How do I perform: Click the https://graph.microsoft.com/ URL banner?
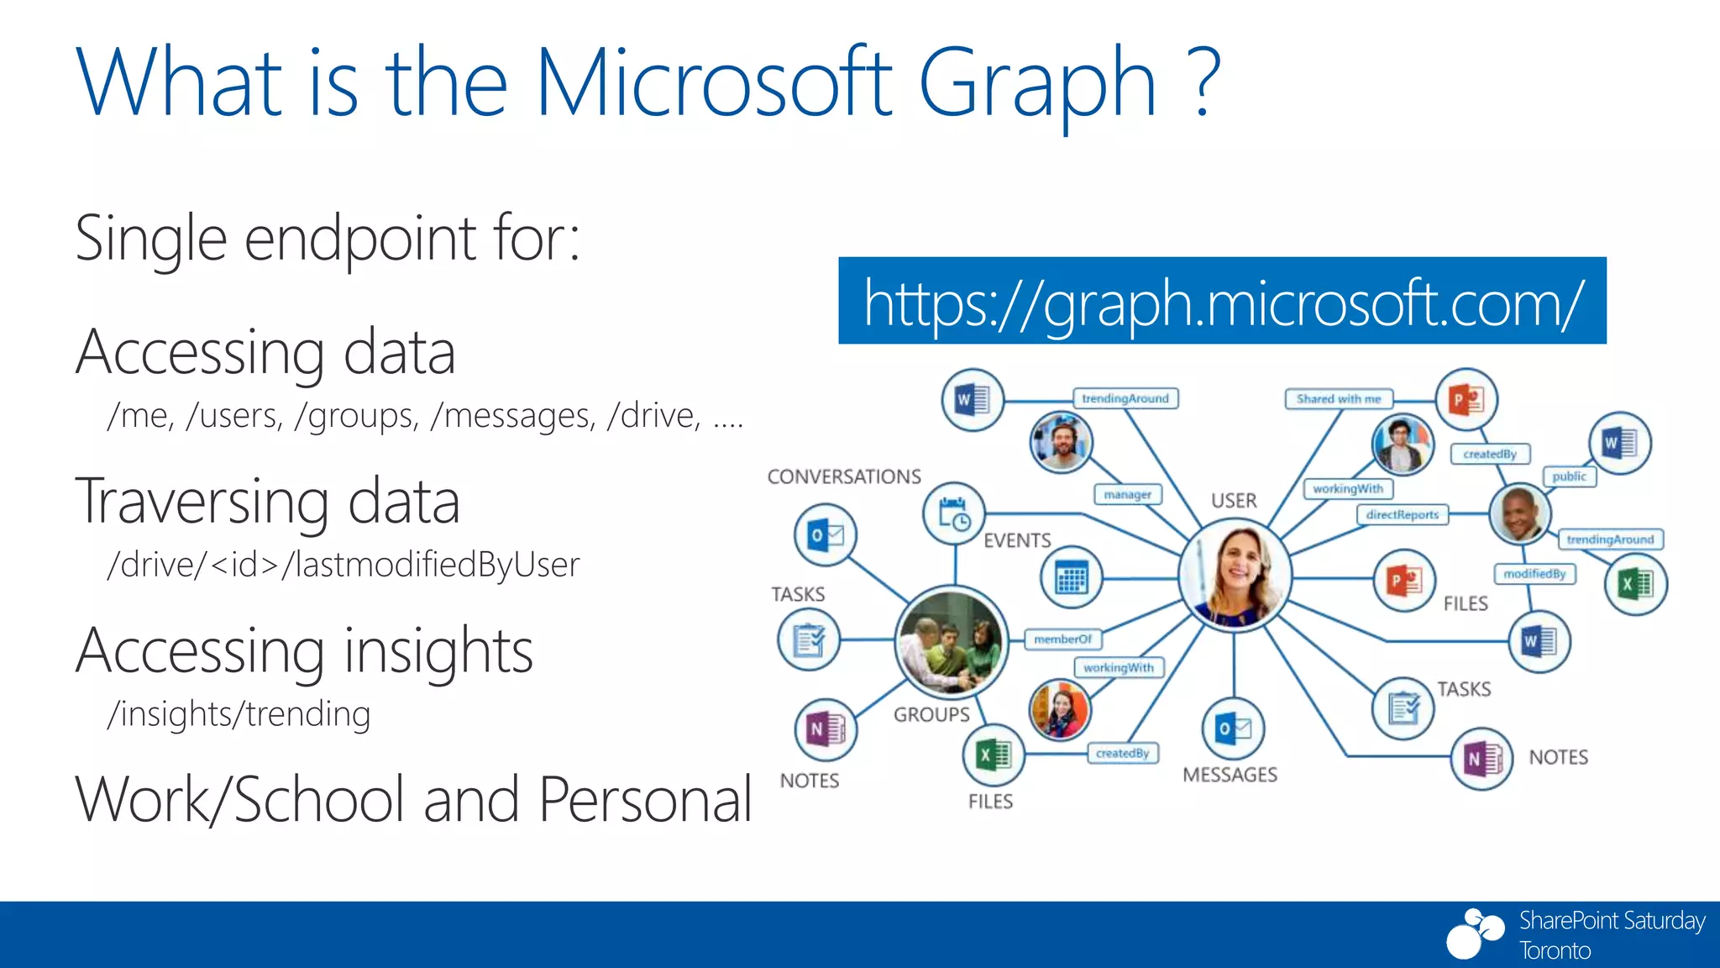(1222, 301)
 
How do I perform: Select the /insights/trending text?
(239, 714)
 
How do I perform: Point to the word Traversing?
(202, 502)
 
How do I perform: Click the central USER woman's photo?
(1235, 576)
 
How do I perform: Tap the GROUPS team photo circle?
(951, 643)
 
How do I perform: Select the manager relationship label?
(1127, 494)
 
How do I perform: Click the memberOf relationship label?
(1062, 639)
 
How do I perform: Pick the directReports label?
(1402, 514)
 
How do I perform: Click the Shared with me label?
(1338, 399)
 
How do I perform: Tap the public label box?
(1569, 476)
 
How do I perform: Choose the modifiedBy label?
(1534, 574)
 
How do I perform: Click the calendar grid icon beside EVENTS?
(1071, 578)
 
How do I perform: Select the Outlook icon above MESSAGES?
(1233, 729)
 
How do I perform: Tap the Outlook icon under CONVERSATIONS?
(825, 534)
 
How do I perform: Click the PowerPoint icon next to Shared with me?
(1466, 399)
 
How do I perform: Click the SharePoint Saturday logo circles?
(1475, 933)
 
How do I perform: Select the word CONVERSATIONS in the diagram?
(844, 476)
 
